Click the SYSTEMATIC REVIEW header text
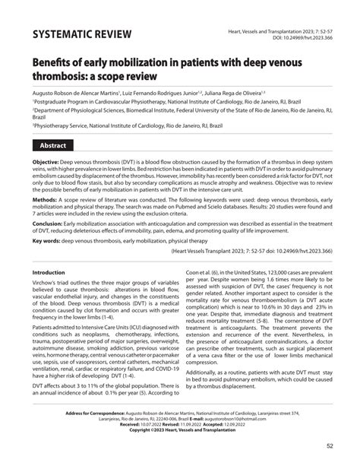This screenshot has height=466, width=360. [82, 35]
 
